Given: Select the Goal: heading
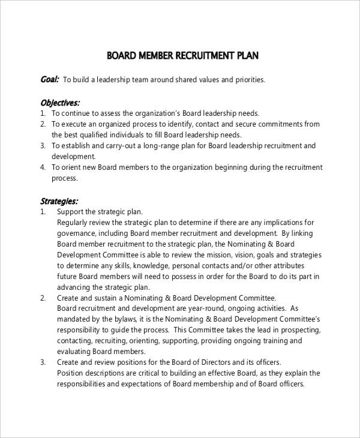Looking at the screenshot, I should click(x=49, y=79).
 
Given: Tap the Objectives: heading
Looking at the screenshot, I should click(x=59, y=101).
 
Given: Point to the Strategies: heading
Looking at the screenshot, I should click(x=58, y=201).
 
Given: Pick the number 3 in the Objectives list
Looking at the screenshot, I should click(x=43, y=146).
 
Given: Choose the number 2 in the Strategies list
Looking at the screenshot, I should click(x=43, y=298).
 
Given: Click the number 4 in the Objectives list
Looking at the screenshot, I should click(x=43, y=167).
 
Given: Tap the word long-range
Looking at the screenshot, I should click(x=164, y=146).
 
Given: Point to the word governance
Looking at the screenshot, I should click(x=77, y=233).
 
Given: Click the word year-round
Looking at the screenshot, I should click(x=187, y=309).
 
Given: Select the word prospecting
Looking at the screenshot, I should click(x=297, y=331).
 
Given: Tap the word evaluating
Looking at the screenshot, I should click(x=75, y=352).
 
